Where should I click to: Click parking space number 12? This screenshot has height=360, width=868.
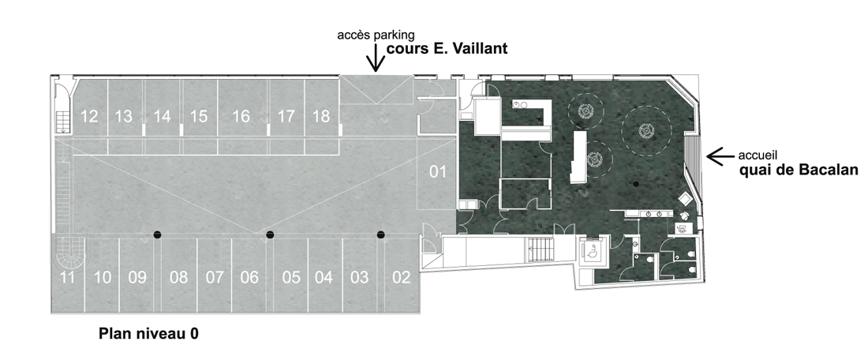coord(90,117)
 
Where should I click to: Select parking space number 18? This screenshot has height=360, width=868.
coord(322,117)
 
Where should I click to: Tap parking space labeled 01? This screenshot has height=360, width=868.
coord(438,172)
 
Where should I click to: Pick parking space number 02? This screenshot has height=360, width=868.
coord(402,276)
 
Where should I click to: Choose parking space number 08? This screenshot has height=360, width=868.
coord(178,276)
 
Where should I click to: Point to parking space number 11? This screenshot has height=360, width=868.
coord(68,276)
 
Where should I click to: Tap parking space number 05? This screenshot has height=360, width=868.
coord(290,276)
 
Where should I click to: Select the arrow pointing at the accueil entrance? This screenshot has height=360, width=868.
coord(720,157)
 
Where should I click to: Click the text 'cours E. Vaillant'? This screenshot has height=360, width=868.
coord(447,49)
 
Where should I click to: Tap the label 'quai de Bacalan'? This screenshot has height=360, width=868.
coord(799,170)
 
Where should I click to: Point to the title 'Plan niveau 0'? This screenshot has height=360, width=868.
coord(148,334)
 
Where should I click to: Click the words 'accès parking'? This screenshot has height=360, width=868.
coord(376,36)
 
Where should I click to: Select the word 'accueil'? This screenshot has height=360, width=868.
coord(758,156)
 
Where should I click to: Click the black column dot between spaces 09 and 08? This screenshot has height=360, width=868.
coord(157,234)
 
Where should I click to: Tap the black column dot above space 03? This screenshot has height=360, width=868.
coord(381,234)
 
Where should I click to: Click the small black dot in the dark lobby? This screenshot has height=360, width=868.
coord(637,184)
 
